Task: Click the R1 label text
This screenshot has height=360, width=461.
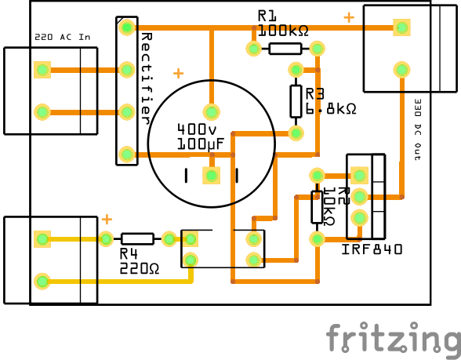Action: tap(267, 16)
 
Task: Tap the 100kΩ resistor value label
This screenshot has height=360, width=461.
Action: tap(283, 31)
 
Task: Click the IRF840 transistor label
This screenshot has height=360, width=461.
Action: tap(372, 249)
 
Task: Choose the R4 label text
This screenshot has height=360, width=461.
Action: tap(129, 253)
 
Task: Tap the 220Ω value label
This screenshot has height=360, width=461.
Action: tap(140, 268)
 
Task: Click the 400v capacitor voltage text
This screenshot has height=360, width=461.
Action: tap(197, 129)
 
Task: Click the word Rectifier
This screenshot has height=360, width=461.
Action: tap(146, 78)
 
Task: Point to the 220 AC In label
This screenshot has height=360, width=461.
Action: tap(62, 38)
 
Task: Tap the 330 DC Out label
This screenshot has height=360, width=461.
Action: tap(417, 129)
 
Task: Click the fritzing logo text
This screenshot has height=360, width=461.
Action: tap(392, 338)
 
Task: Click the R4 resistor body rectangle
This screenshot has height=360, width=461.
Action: tap(137, 238)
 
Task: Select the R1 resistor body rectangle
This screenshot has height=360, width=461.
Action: tap(285, 49)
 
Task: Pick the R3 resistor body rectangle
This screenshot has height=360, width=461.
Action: tap(296, 100)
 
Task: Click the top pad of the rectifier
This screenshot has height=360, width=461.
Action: tap(126, 28)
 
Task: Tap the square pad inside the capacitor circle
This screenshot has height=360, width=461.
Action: tap(211, 175)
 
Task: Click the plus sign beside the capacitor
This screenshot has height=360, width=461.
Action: tap(178, 74)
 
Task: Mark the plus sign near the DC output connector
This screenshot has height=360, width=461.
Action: tap(348, 16)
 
